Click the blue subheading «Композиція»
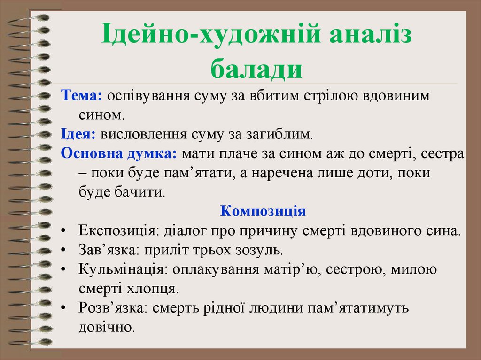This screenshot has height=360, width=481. (x=263, y=211)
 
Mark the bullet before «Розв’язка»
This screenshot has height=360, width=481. (x=63, y=308)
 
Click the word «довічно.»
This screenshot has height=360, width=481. (x=107, y=327)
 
